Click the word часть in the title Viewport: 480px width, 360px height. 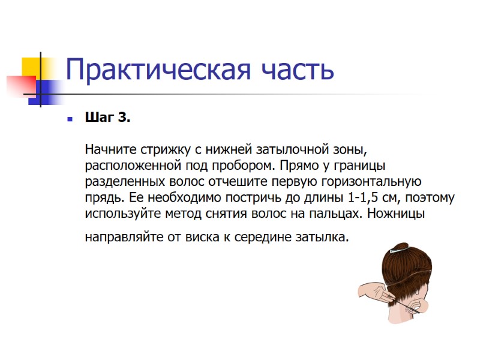coord(296,70)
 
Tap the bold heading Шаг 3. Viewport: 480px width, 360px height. coord(107,118)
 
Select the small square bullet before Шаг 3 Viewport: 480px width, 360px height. coord(70,118)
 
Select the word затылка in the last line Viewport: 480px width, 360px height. coord(322,237)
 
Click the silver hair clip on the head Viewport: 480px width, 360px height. coord(400,248)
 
